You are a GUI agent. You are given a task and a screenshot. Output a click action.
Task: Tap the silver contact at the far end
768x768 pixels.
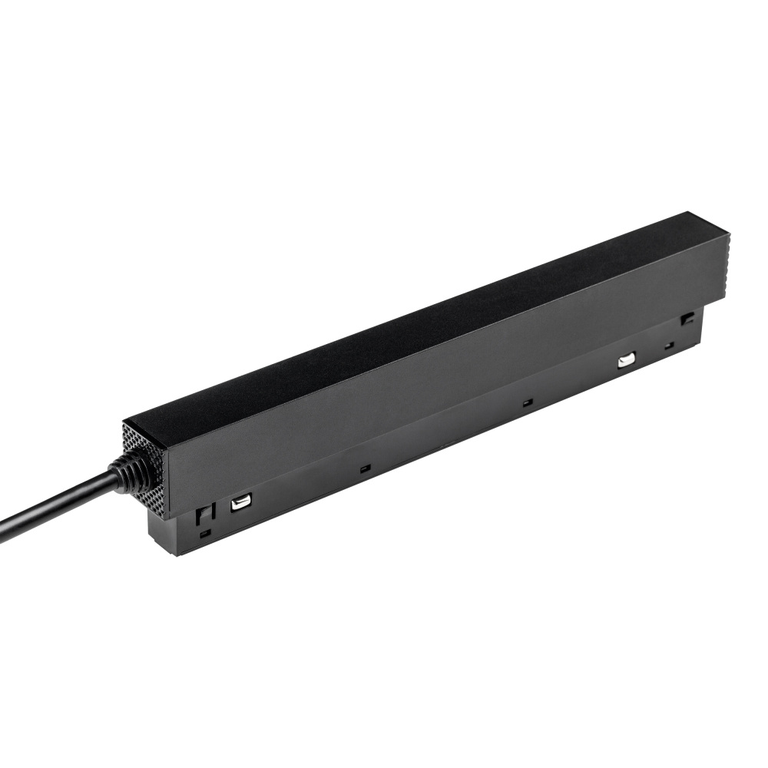tap(627, 359)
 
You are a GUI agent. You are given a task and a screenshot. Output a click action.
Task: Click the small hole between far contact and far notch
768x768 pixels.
tap(669, 344)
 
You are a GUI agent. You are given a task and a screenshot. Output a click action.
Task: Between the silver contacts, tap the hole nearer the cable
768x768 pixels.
tap(365, 467)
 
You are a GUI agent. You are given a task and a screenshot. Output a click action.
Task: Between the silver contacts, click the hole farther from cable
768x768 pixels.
tap(526, 402)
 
